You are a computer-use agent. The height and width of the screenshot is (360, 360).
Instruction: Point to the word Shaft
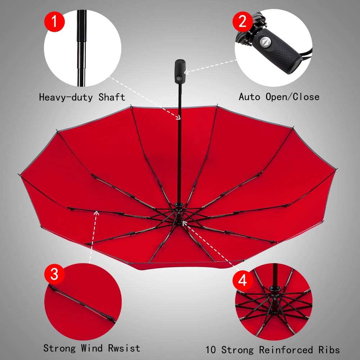[x=113, y=97]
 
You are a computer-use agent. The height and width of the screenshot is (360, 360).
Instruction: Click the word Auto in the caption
[x=249, y=97]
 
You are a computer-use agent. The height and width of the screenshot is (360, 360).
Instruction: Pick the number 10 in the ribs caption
[x=211, y=350]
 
